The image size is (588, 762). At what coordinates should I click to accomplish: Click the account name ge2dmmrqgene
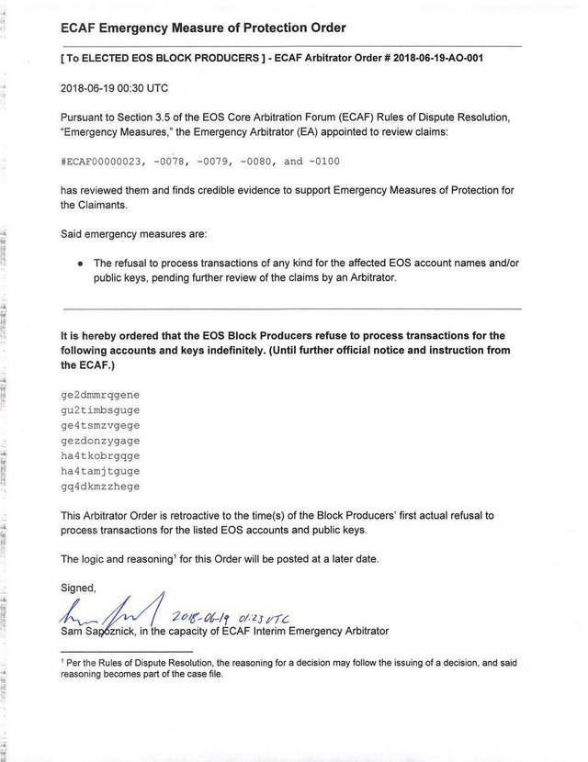point(98,394)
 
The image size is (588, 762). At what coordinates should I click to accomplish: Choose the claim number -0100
point(318,162)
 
